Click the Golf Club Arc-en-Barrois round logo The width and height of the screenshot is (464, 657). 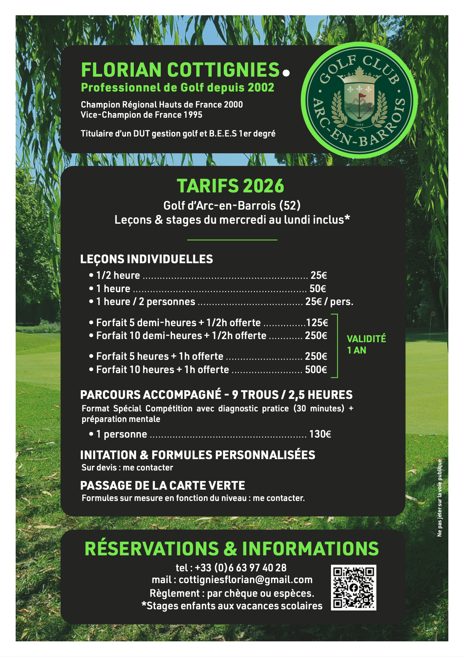point(359,100)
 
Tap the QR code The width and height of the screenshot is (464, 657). point(353,587)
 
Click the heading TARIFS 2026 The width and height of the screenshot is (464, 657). point(230,186)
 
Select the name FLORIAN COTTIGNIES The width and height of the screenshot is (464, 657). point(180,70)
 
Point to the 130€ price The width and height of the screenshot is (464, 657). point(320,434)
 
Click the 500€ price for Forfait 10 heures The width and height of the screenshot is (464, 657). point(316,370)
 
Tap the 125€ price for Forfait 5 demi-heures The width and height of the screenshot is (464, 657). point(317,323)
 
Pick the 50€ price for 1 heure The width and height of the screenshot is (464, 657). point(318,289)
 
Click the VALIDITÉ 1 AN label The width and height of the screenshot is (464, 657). point(366,344)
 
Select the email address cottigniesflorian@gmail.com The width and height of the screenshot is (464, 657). point(245,580)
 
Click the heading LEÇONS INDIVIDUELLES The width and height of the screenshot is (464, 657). point(147,259)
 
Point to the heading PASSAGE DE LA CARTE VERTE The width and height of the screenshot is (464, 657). point(162,485)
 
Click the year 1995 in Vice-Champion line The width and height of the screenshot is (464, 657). point(193,115)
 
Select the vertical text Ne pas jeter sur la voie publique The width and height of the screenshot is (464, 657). point(440,498)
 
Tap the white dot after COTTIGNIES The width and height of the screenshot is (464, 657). point(286,73)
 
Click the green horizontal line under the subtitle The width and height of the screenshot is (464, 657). point(232,239)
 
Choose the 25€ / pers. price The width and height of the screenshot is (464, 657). point(329,302)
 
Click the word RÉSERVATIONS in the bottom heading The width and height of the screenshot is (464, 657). point(152,549)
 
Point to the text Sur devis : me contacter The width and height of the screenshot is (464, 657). point(127,467)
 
